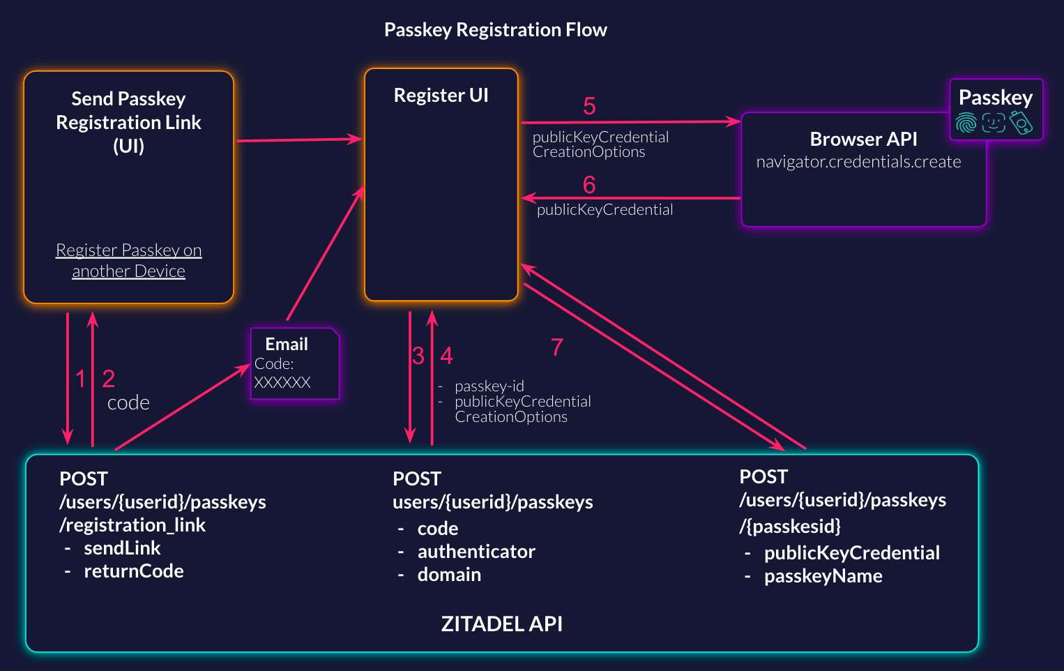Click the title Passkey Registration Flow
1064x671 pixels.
tap(495, 30)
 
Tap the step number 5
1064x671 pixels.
tap(589, 107)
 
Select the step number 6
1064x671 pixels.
tap(589, 185)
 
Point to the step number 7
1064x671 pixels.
tap(556, 347)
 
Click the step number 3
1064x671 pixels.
tap(418, 356)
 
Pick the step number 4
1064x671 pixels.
tap(446, 356)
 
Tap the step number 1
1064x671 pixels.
tap(81, 379)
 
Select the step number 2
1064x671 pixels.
tap(108, 379)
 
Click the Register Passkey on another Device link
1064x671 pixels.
tap(129, 260)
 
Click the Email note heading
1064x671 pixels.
tap(287, 344)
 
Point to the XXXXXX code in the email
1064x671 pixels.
tap(282, 382)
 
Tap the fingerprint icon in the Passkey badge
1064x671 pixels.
tap(966, 123)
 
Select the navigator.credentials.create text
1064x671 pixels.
tap(858, 162)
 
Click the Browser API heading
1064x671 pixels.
tap(863, 140)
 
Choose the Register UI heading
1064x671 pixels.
tap(441, 96)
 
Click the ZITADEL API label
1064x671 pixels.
tap(501, 624)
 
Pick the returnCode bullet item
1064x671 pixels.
tap(133, 571)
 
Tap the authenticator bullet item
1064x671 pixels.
tap(476, 552)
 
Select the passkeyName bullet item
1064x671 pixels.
tap(823, 576)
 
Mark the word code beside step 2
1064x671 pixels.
tap(128, 403)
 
